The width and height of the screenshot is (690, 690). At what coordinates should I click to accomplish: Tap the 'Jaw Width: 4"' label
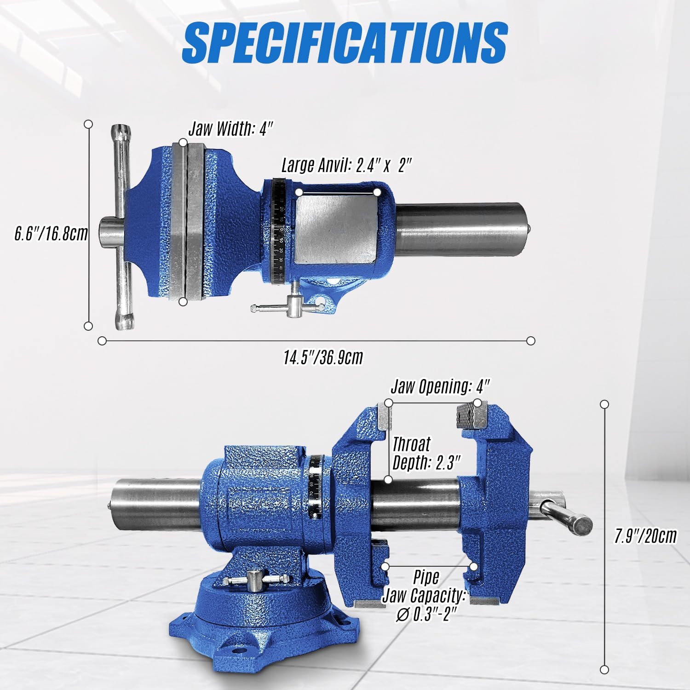tap(231, 129)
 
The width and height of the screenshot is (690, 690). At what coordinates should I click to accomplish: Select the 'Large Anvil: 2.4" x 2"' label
tap(346, 165)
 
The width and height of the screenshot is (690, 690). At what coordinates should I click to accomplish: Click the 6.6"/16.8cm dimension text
tap(51, 234)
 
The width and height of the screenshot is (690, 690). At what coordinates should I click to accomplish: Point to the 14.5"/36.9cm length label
tap(323, 357)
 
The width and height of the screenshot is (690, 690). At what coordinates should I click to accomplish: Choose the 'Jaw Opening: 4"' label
tap(440, 386)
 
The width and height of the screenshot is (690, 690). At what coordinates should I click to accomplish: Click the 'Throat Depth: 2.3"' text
tap(425, 454)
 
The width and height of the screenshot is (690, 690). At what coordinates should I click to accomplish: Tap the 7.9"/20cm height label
tap(645, 536)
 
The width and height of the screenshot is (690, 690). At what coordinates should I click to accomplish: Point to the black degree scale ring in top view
tap(278, 230)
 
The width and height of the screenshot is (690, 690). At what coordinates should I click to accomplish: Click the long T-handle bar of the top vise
tap(122, 228)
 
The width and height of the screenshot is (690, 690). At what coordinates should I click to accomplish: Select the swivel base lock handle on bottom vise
tap(255, 580)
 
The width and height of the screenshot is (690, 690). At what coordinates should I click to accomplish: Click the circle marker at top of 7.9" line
tap(605, 404)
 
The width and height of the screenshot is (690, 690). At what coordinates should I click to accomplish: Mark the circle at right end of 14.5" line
tap(530, 341)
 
